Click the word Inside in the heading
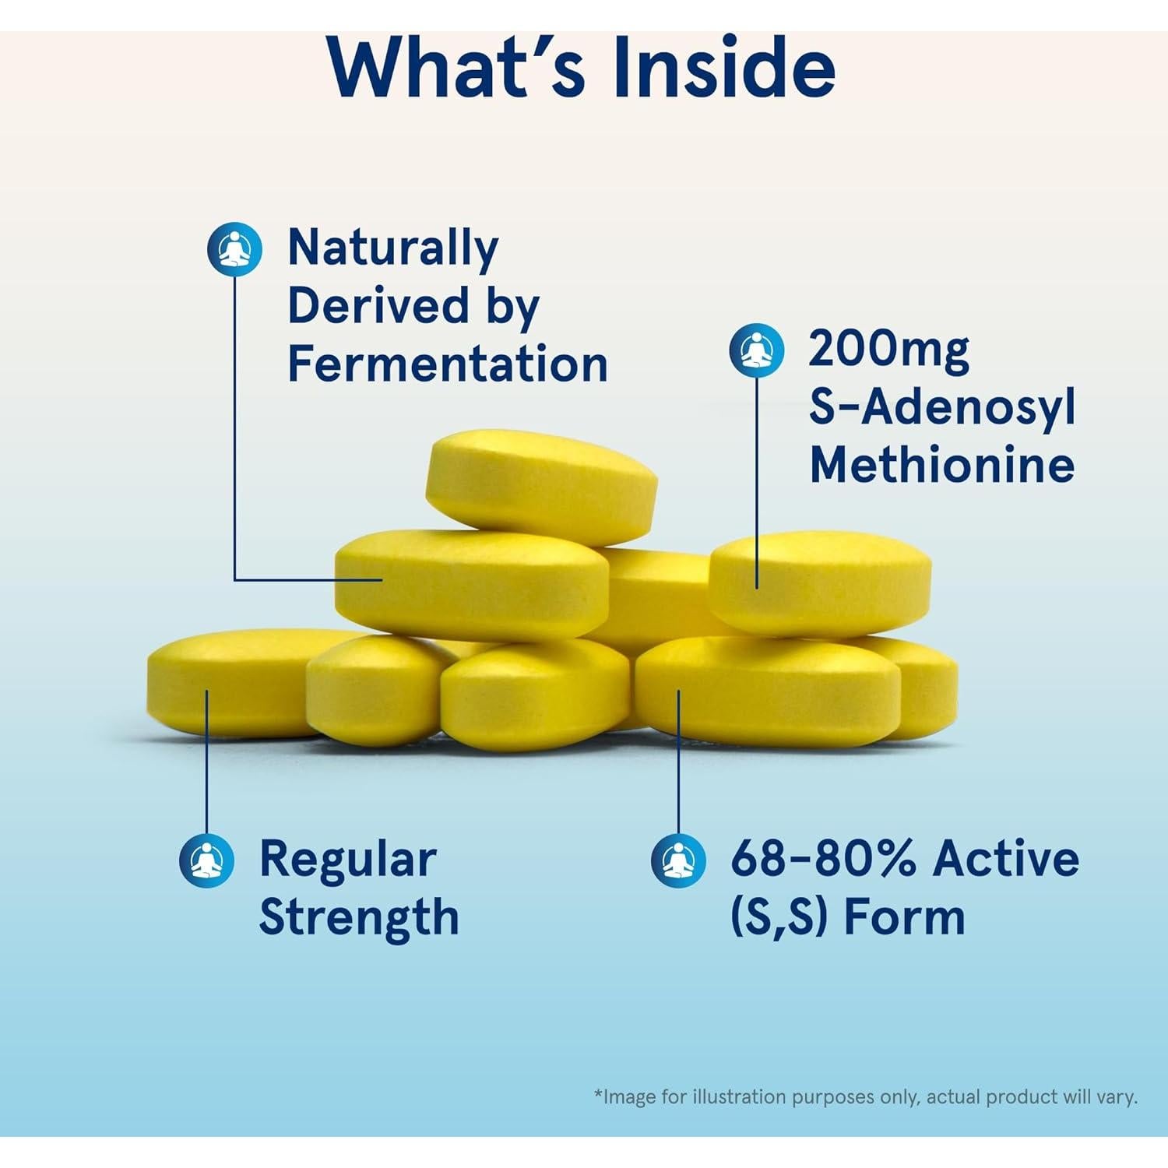point(724,68)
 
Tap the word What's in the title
point(456,68)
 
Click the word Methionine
point(942,465)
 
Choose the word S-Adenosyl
point(942,408)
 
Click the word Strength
point(359,918)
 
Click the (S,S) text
point(778,916)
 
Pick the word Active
point(1007,858)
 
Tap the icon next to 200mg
point(757,350)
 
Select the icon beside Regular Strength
point(207,860)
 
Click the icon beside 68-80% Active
point(678,860)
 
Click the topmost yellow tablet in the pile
point(541,487)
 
